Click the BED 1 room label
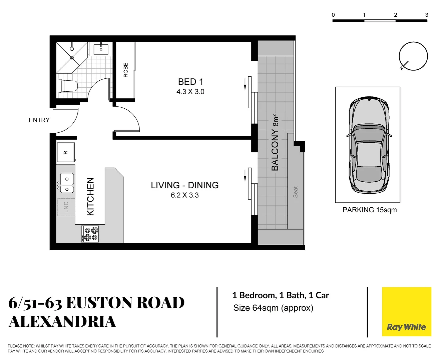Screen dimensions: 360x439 pos(190,82)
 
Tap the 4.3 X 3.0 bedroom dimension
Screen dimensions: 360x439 pos(190,92)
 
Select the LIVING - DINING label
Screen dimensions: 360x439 pos(184,185)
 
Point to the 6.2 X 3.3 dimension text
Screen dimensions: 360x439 pos(184,195)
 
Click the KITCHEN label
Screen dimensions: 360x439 pos(90,196)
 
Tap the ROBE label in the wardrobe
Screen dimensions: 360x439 pos(125,70)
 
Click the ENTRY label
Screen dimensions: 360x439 pos(39,120)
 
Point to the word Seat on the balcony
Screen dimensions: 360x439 pos(295,192)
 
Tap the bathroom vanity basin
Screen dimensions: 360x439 pos(101,49)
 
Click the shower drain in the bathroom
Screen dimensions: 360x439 pos(72,57)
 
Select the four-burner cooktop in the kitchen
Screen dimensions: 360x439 pos(90,234)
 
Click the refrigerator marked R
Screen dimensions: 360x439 pos(66,152)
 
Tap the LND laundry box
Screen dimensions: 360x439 pos(66,207)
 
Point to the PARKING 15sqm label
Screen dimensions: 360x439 pos(370,210)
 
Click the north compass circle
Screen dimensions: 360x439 pos(413,56)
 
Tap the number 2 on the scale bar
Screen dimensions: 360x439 pos(395,15)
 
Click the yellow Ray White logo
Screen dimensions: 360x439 pos(406,312)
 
